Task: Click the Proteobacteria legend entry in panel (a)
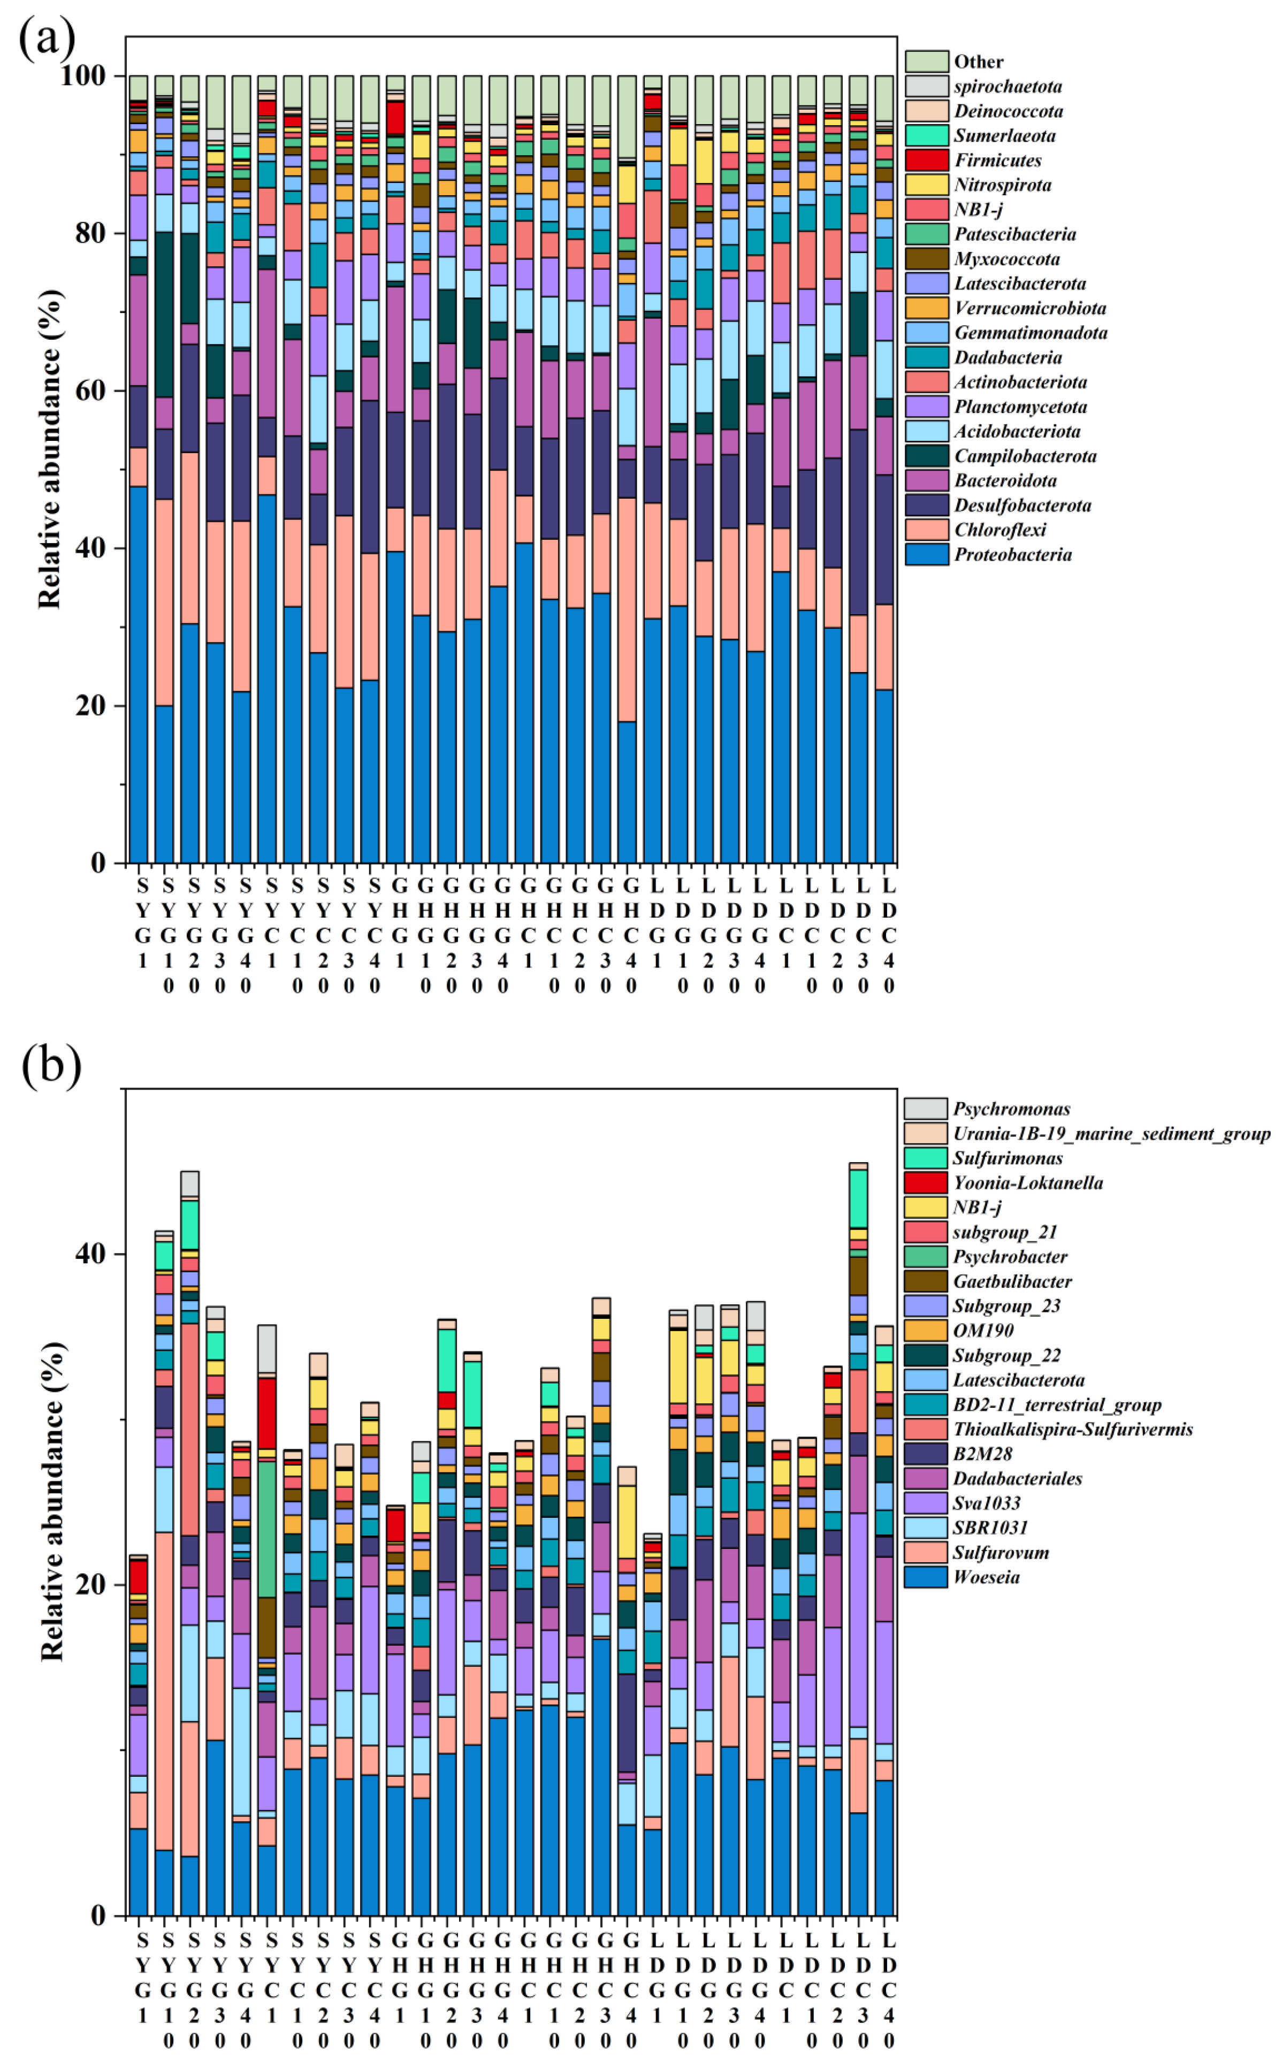click(x=1012, y=554)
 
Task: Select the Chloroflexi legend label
click(x=999, y=530)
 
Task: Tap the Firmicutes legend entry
click(x=997, y=161)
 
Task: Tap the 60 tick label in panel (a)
click(x=89, y=391)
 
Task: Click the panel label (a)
click(x=48, y=38)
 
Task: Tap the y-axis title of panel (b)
click(x=52, y=1501)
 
